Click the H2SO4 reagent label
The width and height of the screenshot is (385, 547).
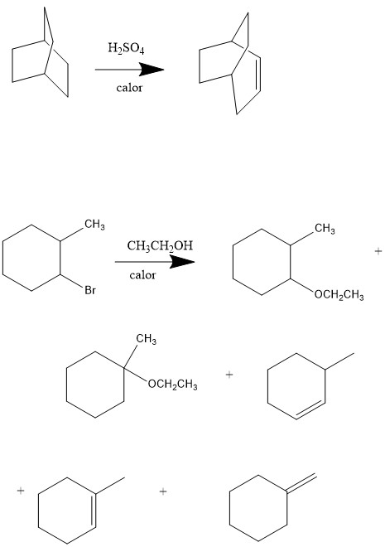(126, 48)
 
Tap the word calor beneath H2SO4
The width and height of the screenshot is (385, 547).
(129, 88)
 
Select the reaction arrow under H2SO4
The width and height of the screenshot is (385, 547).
(129, 70)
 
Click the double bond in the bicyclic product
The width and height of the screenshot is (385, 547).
(259, 74)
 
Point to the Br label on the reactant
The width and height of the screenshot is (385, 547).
(90, 290)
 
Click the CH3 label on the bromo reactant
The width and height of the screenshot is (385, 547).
(94, 225)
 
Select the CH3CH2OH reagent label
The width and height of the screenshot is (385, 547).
(160, 246)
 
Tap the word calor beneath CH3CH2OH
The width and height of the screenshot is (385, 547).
(142, 275)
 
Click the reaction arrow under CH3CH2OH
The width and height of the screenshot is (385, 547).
(155, 262)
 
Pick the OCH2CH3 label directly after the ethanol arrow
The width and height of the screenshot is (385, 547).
(339, 295)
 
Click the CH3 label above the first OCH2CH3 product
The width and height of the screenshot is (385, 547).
(325, 229)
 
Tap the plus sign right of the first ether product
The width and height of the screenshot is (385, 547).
(378, 251)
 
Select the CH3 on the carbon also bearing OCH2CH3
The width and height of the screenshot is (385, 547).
(147, 339)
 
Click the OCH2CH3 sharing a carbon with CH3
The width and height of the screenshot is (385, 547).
(173, 385)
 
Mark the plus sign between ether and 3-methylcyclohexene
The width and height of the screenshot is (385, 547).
(229, 375)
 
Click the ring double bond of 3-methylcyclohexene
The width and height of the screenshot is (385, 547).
(310, 411)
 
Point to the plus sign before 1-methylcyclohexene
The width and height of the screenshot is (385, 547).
(21, 491)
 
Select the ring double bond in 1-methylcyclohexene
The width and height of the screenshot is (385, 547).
(94, 511)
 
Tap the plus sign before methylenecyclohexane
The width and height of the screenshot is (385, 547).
(163, 491)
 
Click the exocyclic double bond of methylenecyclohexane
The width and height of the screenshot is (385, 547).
(301, 483)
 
